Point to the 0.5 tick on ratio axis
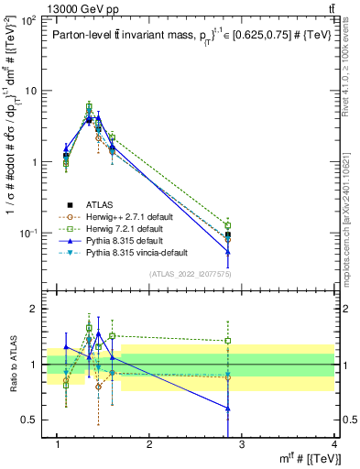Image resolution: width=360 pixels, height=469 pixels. (x=34, y=420)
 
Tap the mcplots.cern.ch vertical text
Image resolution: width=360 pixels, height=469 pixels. (x=345, y=211)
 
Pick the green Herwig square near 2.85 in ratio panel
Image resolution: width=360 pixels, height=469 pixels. (x=228, y=341)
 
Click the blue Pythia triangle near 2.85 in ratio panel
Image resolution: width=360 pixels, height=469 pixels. (x=228, y=409)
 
